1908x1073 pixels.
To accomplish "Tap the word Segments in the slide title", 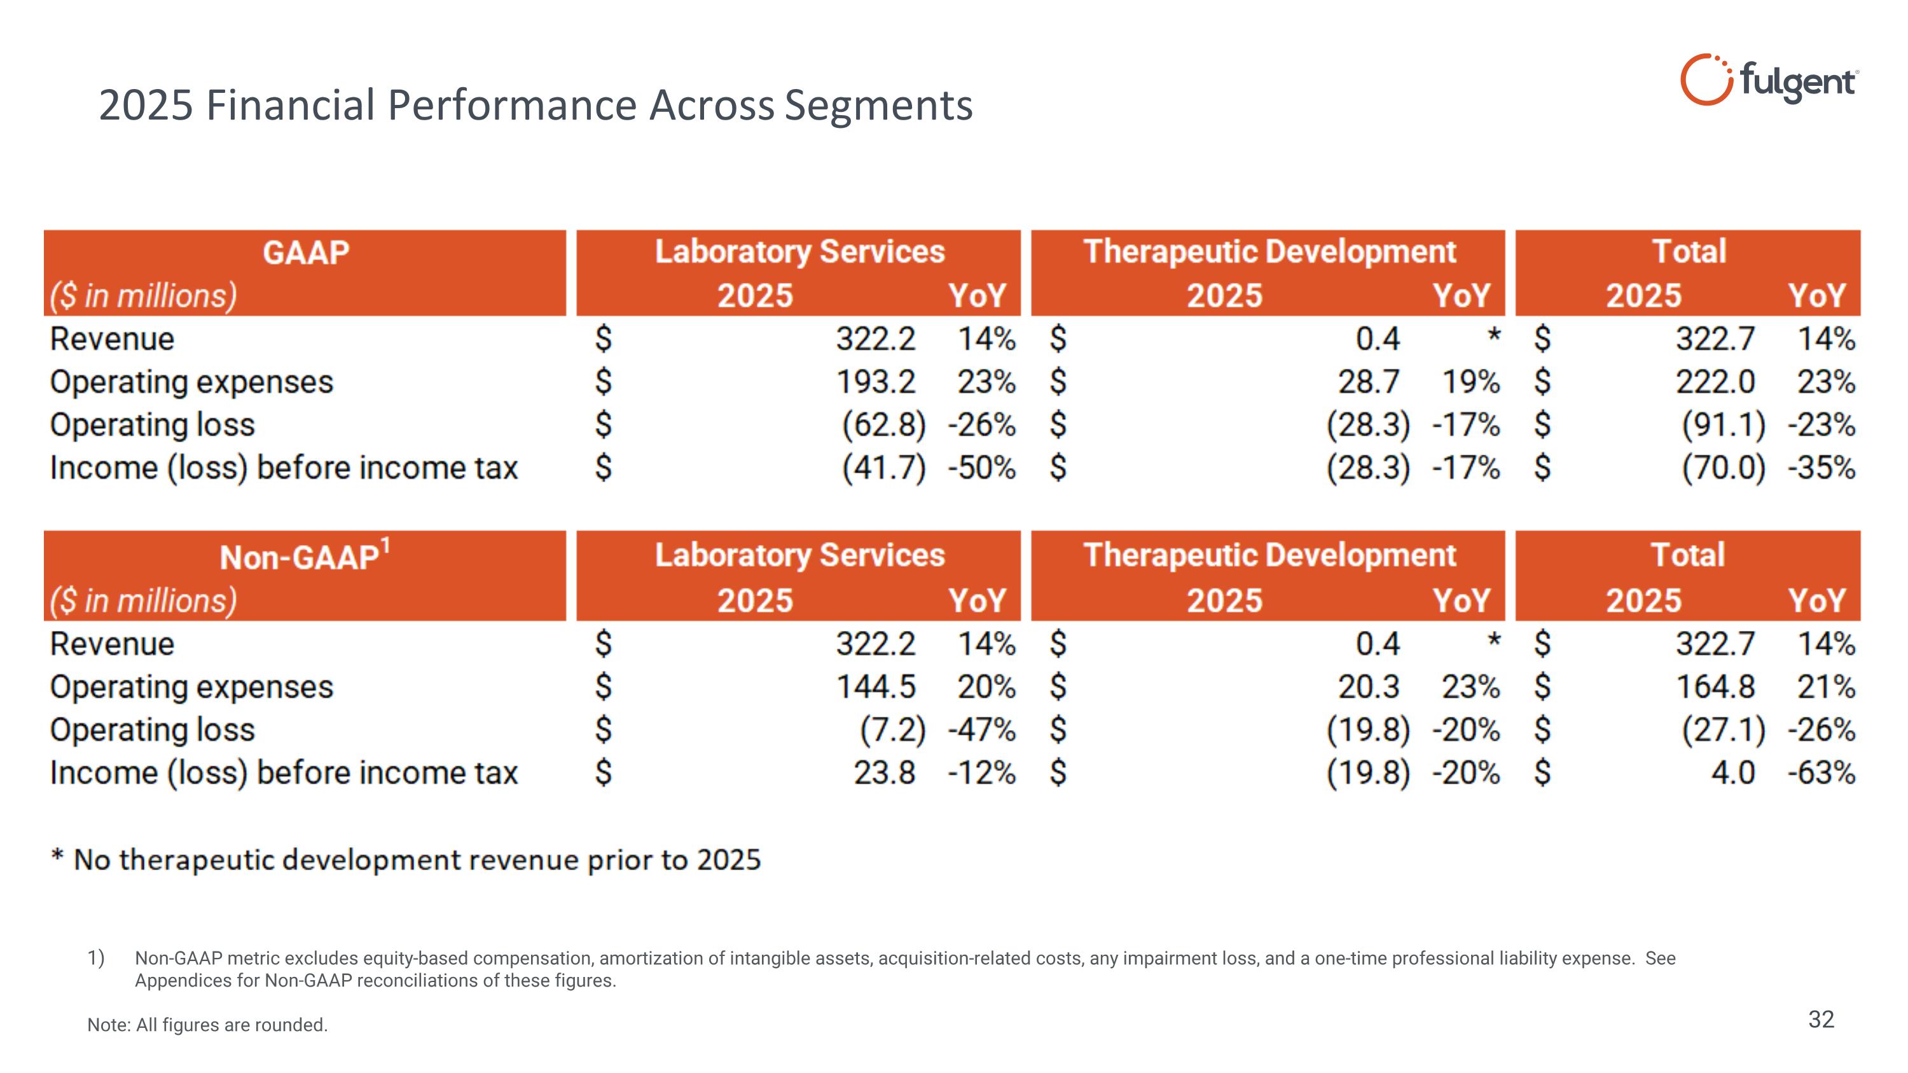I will (878, 105).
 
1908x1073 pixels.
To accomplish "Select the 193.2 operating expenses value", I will (876, 382).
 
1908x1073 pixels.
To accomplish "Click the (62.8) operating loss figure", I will (883, 425).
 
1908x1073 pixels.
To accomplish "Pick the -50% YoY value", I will (981, 468).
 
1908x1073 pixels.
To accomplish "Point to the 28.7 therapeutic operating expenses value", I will (1368, 382).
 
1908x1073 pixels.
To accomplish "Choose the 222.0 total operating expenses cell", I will (1715, 382).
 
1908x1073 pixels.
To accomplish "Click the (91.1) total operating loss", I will (1723, 425).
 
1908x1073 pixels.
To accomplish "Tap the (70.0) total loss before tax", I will (1723, 468).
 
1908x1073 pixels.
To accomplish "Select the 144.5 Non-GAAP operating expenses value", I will (876, 687).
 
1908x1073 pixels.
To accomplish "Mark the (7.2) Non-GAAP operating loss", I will (892, 730).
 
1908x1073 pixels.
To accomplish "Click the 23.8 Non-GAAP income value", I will (885, 773).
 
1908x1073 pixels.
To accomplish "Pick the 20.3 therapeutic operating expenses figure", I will (1368, 687).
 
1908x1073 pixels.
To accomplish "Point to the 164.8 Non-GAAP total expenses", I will (1715, 687).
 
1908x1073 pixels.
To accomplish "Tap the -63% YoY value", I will (1822, 773).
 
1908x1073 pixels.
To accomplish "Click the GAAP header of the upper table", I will (305, 253).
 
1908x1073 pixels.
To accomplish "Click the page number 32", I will (1821, 1020).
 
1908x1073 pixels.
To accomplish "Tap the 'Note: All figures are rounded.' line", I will (207, 1025).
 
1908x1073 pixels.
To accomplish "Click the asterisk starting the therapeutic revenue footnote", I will (57, 857).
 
